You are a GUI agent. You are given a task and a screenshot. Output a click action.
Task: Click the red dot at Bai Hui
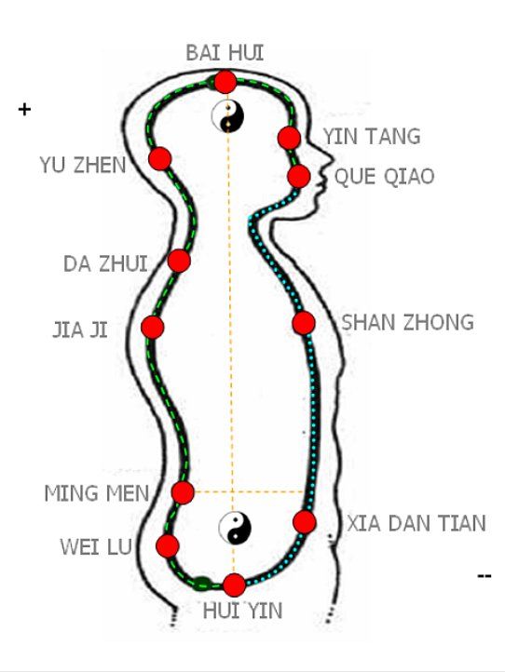pyautogui.click(x=225, y=82)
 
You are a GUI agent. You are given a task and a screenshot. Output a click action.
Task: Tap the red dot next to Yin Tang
pyautogui.click(x=289, y=138)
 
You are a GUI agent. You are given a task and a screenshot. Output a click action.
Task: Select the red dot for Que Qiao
pyautogui.click(x=299, y=176)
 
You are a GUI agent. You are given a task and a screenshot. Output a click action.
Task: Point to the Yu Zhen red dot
pyautogui.click(x=159, y=158)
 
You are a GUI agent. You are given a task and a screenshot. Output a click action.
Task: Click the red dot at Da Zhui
pyautogui.click(x=179, y=260)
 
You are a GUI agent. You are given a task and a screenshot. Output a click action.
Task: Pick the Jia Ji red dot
pyautogui.click(x=152, y=327)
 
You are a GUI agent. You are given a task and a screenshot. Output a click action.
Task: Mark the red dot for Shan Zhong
pyautogui.click(x=304, y=323)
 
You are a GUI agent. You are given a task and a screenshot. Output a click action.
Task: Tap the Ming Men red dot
pyautogui.click(x=183, y=492)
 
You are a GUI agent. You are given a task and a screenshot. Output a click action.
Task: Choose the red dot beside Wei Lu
pyautogui.click(x=168, y=545)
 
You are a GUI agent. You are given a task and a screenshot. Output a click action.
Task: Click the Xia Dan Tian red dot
pyautogui.click(x=305, y=521)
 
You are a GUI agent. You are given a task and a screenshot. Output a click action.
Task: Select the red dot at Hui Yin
pyautogui.click(x=234, y=585)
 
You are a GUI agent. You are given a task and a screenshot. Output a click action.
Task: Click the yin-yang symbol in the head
pyautogui.click(x=228, y=116)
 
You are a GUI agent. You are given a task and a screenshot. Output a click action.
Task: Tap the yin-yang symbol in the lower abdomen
pyautogui.click(x=235, y=528)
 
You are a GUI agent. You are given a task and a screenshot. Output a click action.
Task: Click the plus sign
pyautogui.click(x=24, y=110)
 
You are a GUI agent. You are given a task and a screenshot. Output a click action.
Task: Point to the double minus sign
pyautogui.click(x=484, y=575)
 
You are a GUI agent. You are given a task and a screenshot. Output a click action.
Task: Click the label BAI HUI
pyautogui.click(x=225, y=53)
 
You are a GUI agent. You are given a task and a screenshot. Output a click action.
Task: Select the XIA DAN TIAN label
pyautogui.click(x=416, y=523)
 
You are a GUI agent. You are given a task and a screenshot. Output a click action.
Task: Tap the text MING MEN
pyautogui.click(x=97, y=493)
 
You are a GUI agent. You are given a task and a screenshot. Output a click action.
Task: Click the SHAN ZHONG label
pyautogui.click(x=407, y=322)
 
